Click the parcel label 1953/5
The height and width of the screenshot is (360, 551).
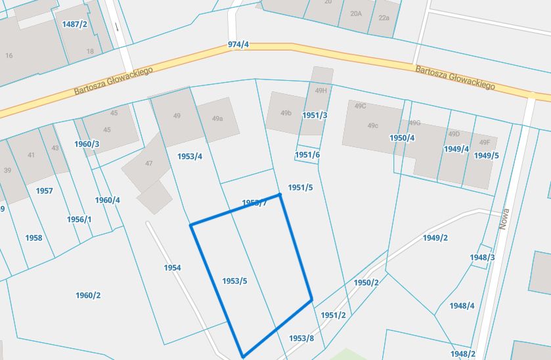pyautogui.click(x=234, y=281)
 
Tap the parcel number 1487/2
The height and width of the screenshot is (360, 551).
pyautogui.click(x=74, y=24)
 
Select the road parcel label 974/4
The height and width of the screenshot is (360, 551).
pyautogui.click(x=238, y=45)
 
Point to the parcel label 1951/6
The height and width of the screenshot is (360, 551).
pyautogui.click(x=307, y=155)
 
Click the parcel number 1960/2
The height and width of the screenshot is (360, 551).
pyautogui.click(x=88, y=296)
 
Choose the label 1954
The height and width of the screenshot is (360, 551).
pyautogui.click(x=172, y=268)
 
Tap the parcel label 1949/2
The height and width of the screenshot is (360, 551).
pyautogui.click(x=435, y=238)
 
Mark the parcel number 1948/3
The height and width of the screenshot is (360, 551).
pyautogui.click(x=483, y=258)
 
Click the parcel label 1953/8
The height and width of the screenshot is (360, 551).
pyautogui.click(x=302, y=338)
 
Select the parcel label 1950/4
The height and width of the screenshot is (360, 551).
pyautogui.click(x=402, y=138)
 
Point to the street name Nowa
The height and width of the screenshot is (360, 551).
pyautogui.click(x=504, y=218)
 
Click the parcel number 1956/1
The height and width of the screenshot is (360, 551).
pyautogui.click(x=79, y=219)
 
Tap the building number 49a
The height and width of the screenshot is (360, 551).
pyautogui.click(x=217, y=119)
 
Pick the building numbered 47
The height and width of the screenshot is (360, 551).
pyautogui.click(x=148, y=164)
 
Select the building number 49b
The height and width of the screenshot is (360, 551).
pyautogui.click(x=286, y=113)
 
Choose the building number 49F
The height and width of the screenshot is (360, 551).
pyautogui.click(x=485, y=143)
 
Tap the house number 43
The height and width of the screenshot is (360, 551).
pyautogui.click(x=55, y=148)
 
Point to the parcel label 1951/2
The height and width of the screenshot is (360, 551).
pyautogui.click(x=333, y=315)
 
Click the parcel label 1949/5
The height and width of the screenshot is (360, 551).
pyautogui.click(x=486, y=156)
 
